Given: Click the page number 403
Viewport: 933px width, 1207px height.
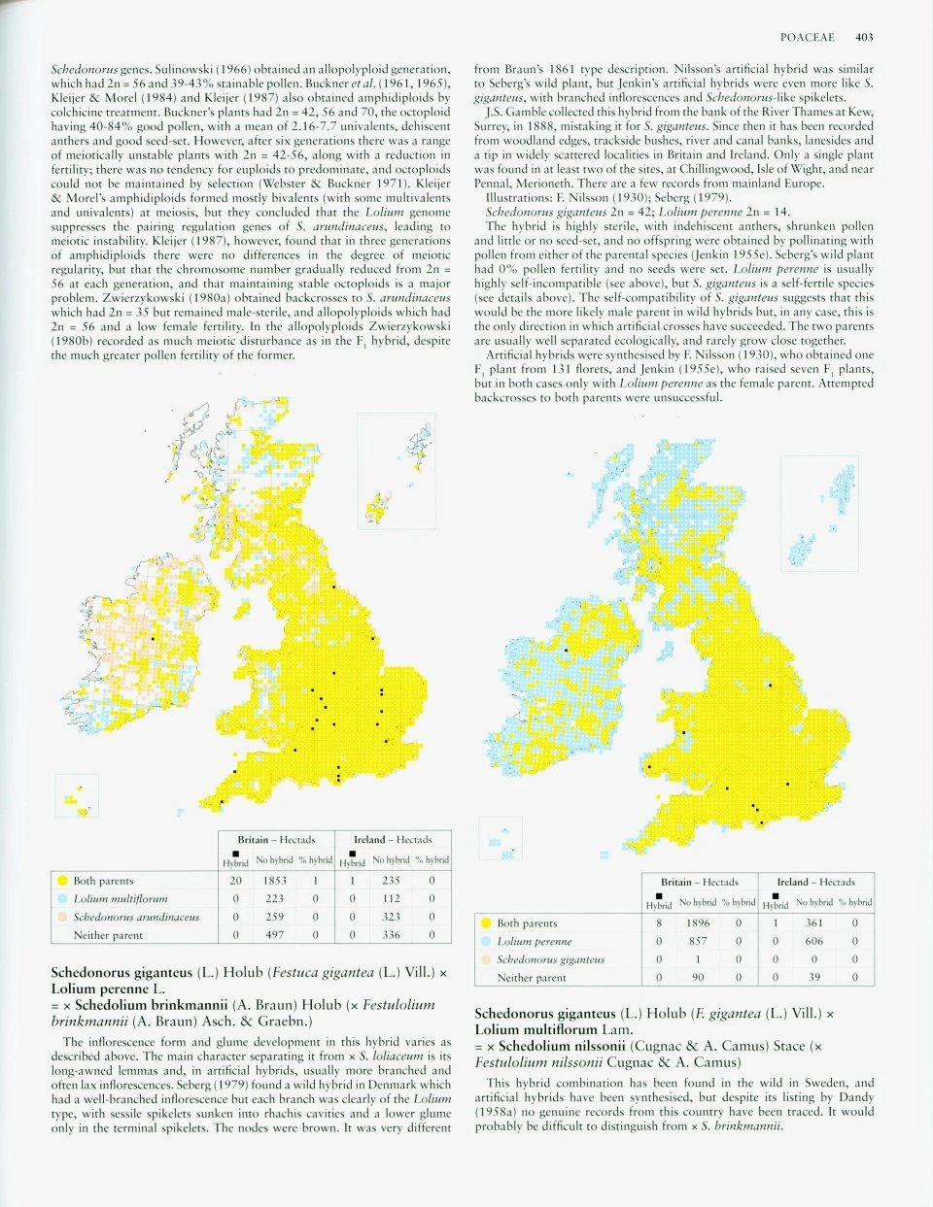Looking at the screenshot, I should pos(864,37).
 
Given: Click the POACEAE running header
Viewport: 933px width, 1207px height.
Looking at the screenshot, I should pos(807,37).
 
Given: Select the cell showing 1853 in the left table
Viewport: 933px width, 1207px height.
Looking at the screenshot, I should pos(274,881).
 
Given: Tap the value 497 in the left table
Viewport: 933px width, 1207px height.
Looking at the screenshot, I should pos(274,935).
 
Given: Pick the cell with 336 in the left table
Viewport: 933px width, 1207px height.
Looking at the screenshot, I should pos(391,935).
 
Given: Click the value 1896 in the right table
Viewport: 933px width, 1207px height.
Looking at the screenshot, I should pos(698,923).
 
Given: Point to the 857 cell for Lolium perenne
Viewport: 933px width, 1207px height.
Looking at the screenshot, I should pos(698,942).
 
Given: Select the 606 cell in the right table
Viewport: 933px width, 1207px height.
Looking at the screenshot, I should pos(814,942).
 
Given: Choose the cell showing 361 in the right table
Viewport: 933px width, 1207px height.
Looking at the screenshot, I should pos(814,923).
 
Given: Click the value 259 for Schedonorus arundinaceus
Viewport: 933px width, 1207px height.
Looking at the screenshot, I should pos(274,917).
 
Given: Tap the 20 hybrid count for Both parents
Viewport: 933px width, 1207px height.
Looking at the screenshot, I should pos(235,881).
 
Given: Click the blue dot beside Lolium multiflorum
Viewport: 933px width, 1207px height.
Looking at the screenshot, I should pos(62,899).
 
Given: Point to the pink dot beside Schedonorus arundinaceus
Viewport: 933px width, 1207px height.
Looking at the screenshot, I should pos(62,917).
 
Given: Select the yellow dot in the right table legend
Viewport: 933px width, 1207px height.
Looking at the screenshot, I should pos(485,923).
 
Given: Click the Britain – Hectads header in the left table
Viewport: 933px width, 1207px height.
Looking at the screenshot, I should pos(276,840).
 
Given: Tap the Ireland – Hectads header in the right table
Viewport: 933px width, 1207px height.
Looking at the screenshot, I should pos(815,883).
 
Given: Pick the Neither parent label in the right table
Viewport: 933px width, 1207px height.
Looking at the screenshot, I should pos(531,978).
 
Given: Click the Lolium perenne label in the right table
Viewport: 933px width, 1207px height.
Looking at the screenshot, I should pos(534,942).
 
